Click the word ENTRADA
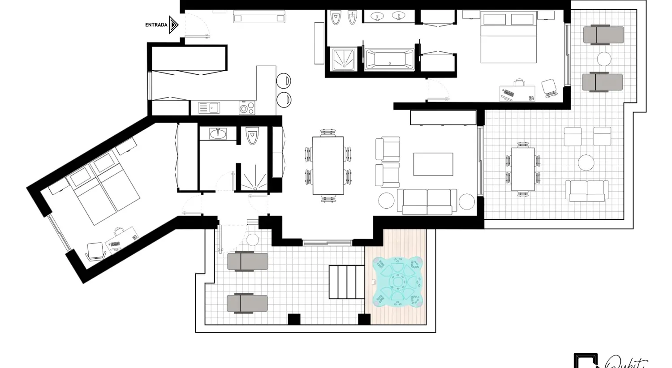(156, 25)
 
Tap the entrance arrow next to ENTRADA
(174, 25)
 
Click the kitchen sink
(209, 108)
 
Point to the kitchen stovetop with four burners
(247, 108)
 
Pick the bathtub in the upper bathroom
(389, 60)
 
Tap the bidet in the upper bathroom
(352, 18)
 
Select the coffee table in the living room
(433, 164)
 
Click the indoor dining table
(328, 166)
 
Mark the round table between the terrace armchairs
(586, 163)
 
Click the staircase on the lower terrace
(347, 282)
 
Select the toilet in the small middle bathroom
(252, 136)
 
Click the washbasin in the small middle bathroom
(218, 133)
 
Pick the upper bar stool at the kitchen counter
(283, 81)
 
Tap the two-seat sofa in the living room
(427, 201)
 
